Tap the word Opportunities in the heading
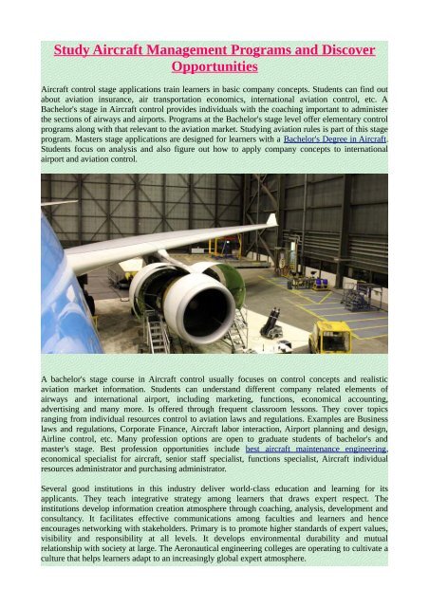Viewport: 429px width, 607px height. [x=214, y=68]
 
